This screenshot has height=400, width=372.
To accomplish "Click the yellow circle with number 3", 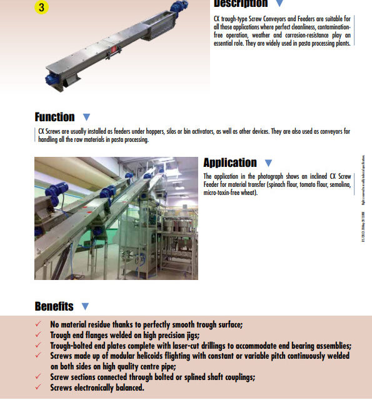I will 41,7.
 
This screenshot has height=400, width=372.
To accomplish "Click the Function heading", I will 54,117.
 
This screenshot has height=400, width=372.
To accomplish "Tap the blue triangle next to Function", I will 86,117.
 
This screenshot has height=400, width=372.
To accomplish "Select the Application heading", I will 230,162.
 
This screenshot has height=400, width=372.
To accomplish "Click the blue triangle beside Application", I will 268,163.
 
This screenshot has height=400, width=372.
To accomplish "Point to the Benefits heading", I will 54,306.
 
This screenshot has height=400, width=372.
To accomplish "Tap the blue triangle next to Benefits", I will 85,306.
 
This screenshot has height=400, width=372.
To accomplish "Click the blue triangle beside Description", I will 279,4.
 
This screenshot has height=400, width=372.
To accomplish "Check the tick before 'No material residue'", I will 39,324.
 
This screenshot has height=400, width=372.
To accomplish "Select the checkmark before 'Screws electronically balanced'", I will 39,387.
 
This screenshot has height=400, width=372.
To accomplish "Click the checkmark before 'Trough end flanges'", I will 39,335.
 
